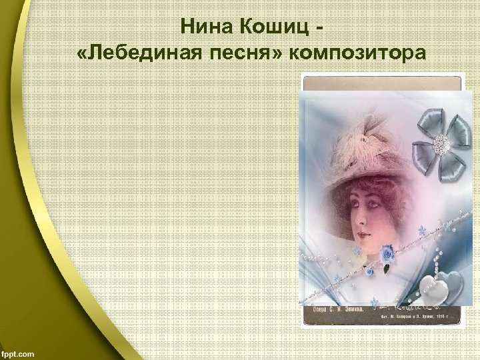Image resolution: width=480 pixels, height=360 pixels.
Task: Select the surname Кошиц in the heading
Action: point(273,29)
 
